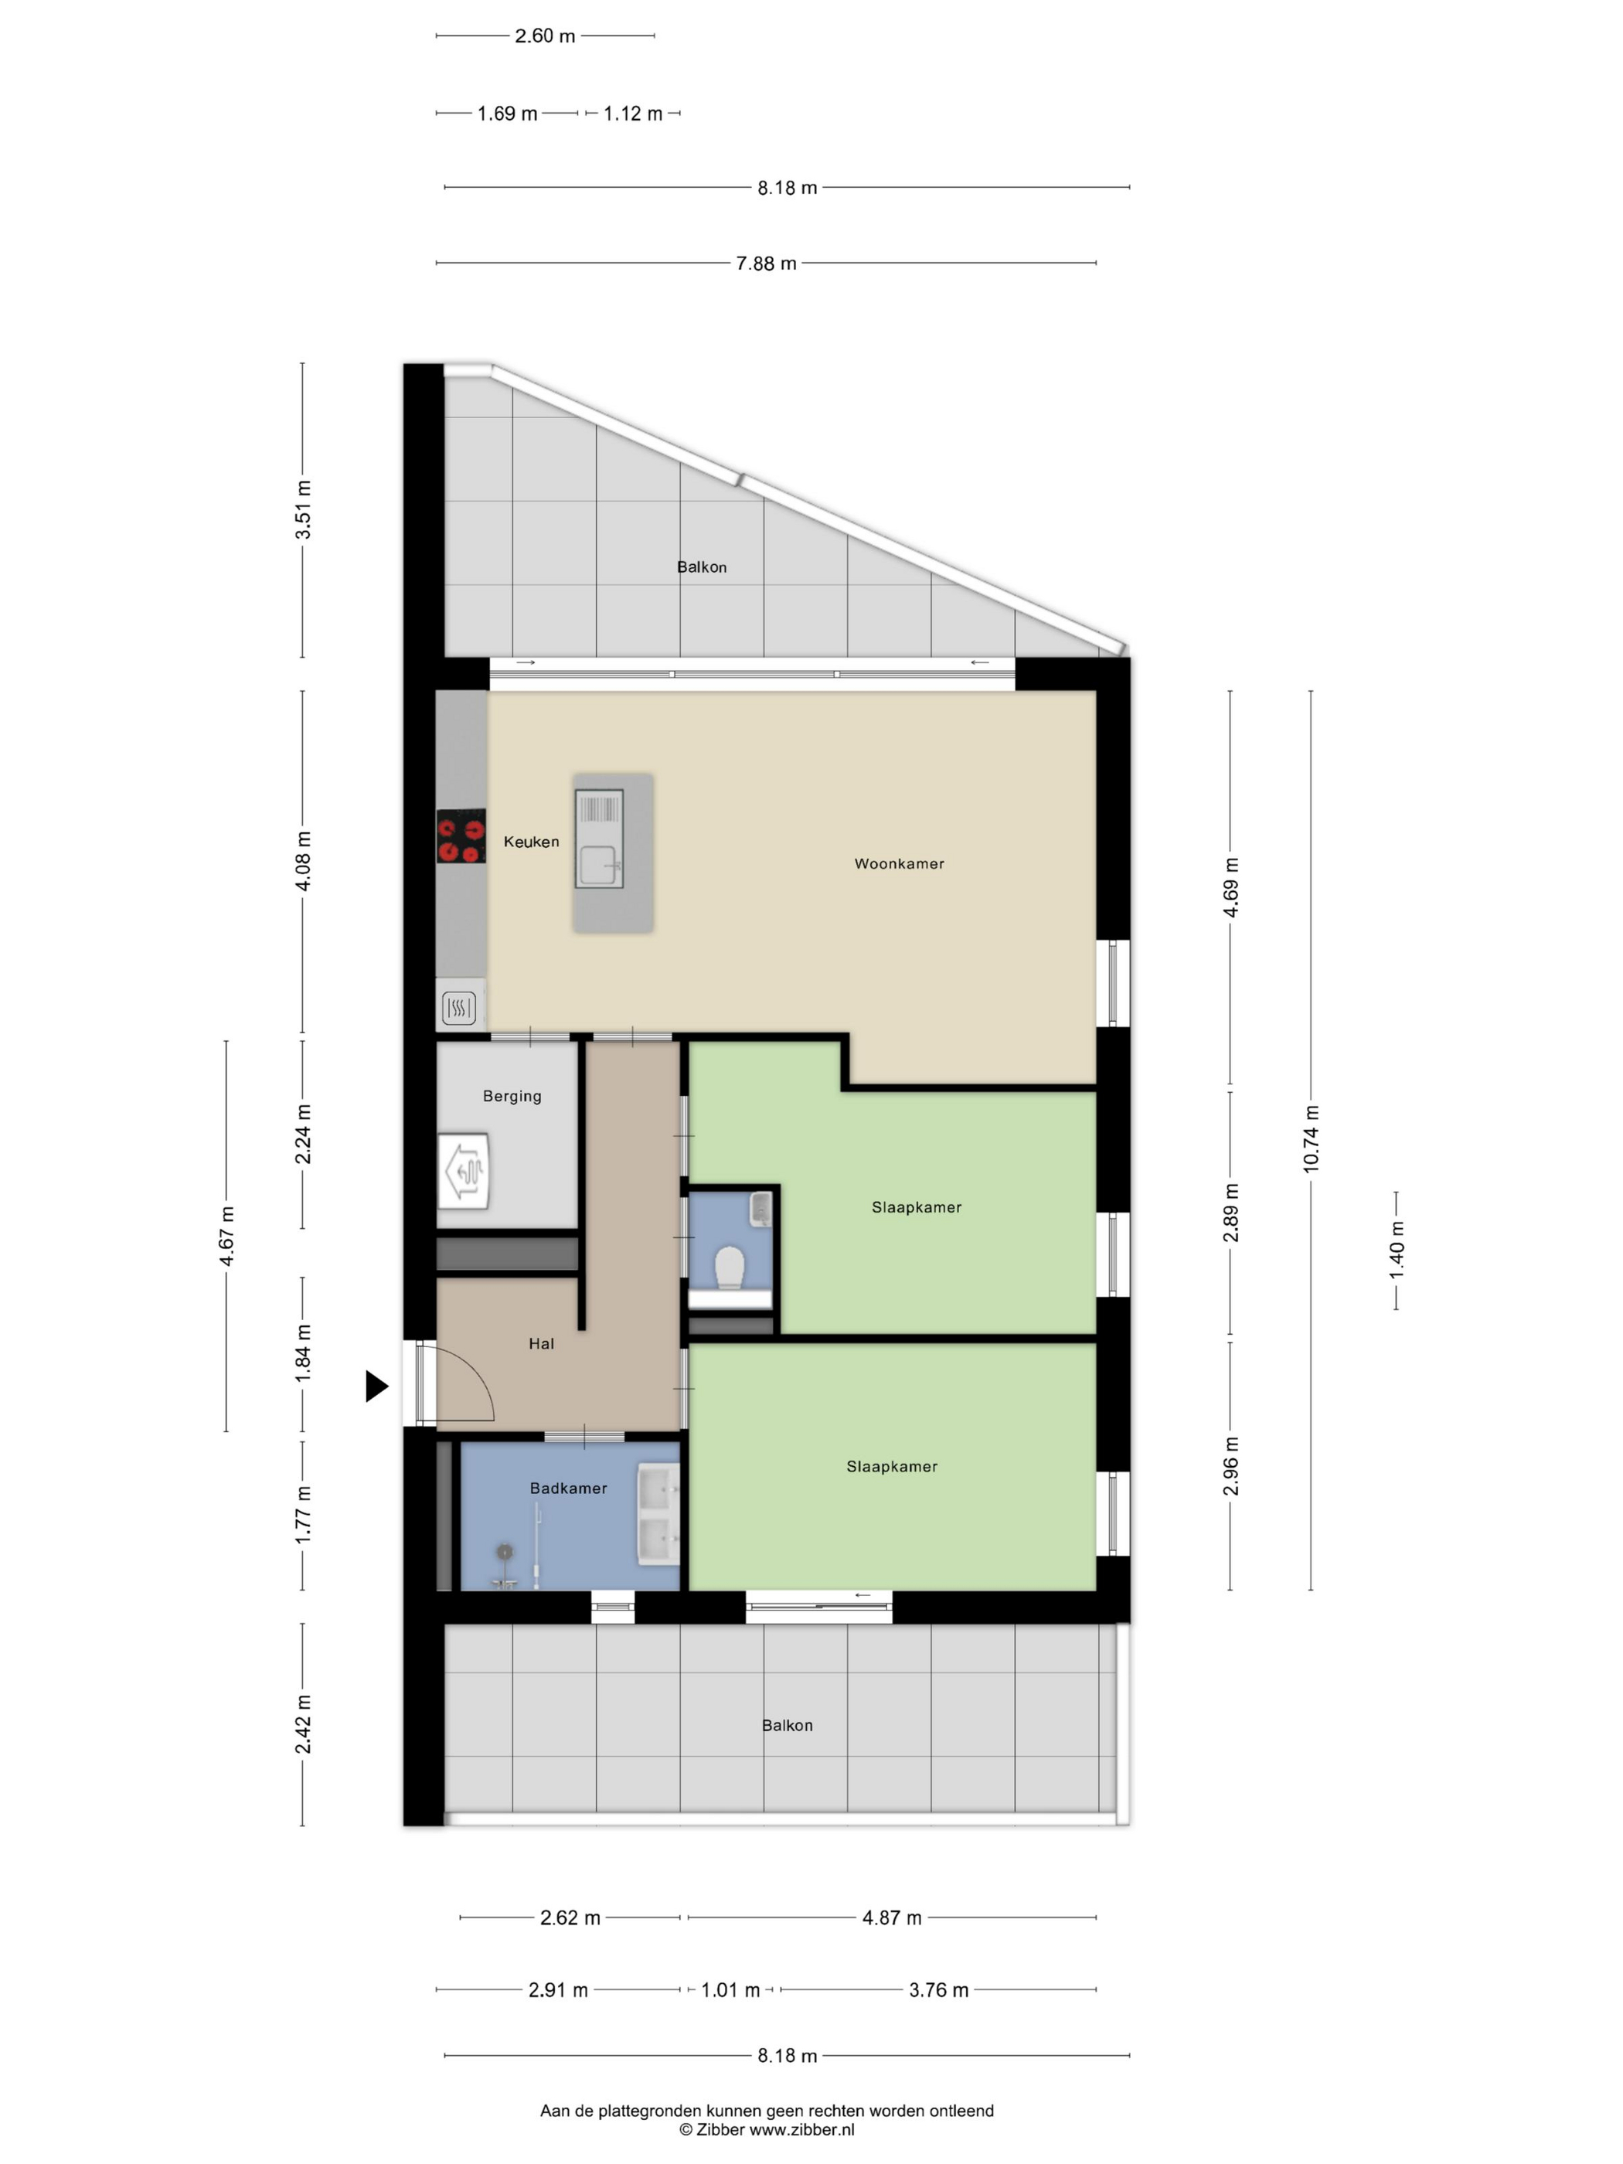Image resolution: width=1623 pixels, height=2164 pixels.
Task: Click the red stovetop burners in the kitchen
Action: point(461,835)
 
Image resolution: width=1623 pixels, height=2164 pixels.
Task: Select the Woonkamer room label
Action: point(899,864)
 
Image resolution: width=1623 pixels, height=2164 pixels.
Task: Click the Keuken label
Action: point(531,842)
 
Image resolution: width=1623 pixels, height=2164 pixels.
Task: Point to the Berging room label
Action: point(512,1096)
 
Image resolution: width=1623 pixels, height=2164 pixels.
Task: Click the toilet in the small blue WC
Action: point(730,1267)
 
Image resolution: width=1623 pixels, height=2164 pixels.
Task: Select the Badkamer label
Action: point(568,1488)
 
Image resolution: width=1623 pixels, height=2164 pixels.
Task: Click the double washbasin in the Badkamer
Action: point(658,1512)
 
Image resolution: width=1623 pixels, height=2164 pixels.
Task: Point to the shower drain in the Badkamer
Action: point(504,1550)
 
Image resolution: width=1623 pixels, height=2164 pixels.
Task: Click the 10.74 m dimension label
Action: point(1311,1138)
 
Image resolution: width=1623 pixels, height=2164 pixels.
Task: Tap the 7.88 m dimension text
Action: point(766,264)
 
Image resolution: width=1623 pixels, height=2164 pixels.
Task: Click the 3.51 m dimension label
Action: point(303,509)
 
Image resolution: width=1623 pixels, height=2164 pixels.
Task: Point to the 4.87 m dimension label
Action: point(891,1917)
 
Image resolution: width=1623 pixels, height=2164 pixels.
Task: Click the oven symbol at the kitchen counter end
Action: point(459,1008)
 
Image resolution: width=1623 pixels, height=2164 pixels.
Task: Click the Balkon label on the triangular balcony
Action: point(702,567)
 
